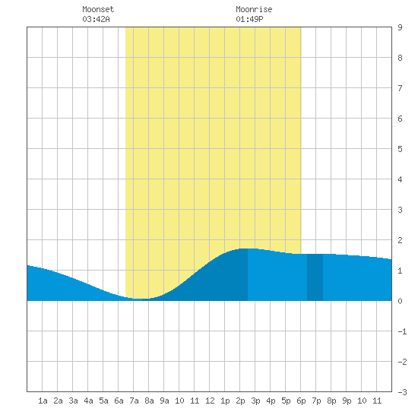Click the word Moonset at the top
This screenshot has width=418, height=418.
(98, 9)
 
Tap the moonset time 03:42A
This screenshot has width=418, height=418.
(96, 19)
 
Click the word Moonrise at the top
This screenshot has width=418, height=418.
(254, 9)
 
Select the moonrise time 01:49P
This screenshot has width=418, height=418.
(249, 19)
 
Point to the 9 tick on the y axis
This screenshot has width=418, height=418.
(400, 27)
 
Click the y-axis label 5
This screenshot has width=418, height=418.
(400, 149)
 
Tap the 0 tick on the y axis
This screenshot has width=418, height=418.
(400, 301)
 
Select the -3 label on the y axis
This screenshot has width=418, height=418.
(402, 392)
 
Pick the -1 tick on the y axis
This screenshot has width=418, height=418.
(402, 331)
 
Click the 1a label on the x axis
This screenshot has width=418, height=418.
(43, 401)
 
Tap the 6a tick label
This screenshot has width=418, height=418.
(119, 401)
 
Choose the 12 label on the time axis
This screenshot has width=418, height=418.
(210, 401)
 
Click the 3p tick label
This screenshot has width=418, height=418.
(255, 401)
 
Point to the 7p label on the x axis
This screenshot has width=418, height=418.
(316, 401)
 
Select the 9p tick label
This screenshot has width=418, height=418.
(347, 401)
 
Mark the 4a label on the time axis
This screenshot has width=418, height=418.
(88, 401)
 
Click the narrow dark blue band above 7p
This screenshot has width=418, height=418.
(315, 277)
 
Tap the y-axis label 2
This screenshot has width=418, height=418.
(400, 240)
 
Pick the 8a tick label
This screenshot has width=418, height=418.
(149, 401)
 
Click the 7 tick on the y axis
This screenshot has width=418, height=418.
(400, 88)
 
